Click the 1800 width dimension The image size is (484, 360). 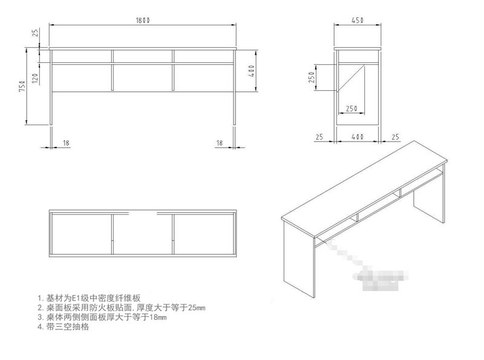point(143,21)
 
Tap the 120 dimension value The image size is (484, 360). point(35,77)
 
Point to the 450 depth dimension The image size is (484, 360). point(357,21)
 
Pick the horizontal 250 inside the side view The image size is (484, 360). point(351,108)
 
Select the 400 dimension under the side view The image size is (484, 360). point(357,137)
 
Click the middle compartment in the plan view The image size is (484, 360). point(143,233)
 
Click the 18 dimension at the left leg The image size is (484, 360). point(66,143)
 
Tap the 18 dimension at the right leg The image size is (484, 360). point(220,143)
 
